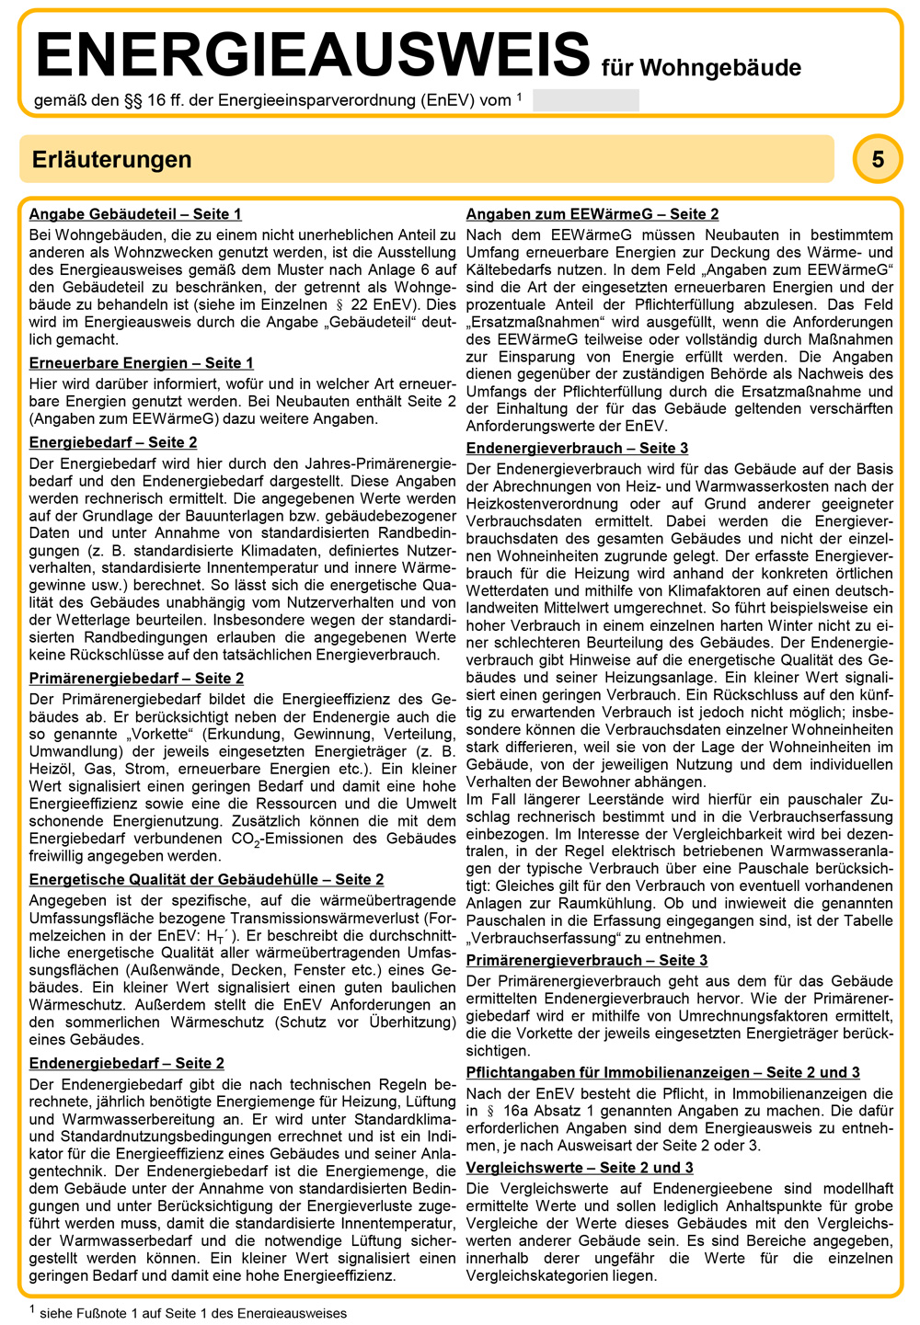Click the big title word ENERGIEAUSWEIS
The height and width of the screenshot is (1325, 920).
[313, 54]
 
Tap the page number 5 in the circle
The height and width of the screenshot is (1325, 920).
[878, 159]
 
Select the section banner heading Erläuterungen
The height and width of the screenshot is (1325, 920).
[112, 159]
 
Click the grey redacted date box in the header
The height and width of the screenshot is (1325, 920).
[585, 100]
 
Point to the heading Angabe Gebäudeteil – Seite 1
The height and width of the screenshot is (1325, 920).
[135, 214]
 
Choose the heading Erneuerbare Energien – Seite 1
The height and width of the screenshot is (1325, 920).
[141, 363]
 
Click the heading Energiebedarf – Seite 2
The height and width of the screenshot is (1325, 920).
[113, 442]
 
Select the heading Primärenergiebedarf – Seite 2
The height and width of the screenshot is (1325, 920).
[136, 679]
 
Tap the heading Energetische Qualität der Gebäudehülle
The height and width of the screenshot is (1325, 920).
[206, 880]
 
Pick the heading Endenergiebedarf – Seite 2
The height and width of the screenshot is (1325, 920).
[127, 1064]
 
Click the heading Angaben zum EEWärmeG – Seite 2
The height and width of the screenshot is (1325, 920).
[592, 214]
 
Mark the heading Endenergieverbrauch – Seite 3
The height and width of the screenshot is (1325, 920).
[577, 448]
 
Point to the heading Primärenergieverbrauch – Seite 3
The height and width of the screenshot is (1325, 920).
[587, 960]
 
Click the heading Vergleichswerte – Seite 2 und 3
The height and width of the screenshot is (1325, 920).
[580, 1168]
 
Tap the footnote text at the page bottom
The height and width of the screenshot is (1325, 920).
[193, 1313]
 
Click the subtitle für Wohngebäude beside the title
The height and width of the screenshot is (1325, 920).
[701, 68]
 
